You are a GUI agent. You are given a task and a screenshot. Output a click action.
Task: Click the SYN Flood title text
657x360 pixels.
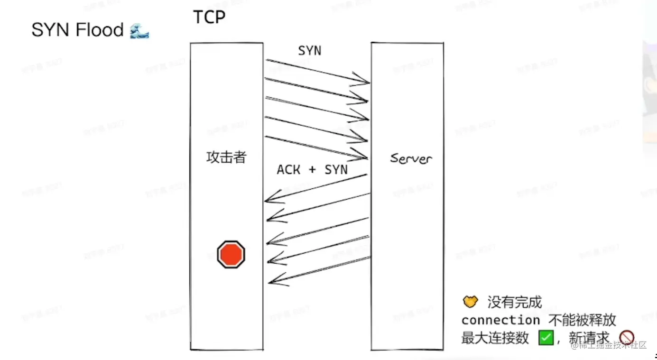coord(77,30)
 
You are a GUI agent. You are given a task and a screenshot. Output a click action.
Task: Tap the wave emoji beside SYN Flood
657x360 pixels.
coord(139,31)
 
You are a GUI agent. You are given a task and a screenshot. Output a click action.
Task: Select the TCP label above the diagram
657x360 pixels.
coord(209,17)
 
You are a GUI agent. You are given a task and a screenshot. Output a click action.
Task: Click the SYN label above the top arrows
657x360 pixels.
coord(309,51)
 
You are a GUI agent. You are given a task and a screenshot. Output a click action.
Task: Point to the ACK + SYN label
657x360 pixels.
coord(312,170)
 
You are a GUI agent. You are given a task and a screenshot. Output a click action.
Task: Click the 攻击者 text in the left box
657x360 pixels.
coord(226,157)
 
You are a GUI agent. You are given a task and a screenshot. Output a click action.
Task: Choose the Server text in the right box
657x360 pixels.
coord(411,158)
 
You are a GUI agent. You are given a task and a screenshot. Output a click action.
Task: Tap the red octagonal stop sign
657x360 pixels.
coord(231,254)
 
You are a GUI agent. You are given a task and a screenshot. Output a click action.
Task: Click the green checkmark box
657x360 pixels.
coord(546,338)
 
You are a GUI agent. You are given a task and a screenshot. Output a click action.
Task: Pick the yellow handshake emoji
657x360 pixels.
coord(470,301)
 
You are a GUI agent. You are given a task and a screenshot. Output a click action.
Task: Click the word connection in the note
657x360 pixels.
coord(500,320)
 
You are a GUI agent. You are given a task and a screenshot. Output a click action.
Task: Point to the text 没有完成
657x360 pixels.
coord(514,302)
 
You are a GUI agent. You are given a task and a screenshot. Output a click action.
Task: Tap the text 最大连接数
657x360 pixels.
coord(495,338)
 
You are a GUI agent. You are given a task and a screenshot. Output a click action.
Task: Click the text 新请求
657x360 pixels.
coord(589,338)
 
